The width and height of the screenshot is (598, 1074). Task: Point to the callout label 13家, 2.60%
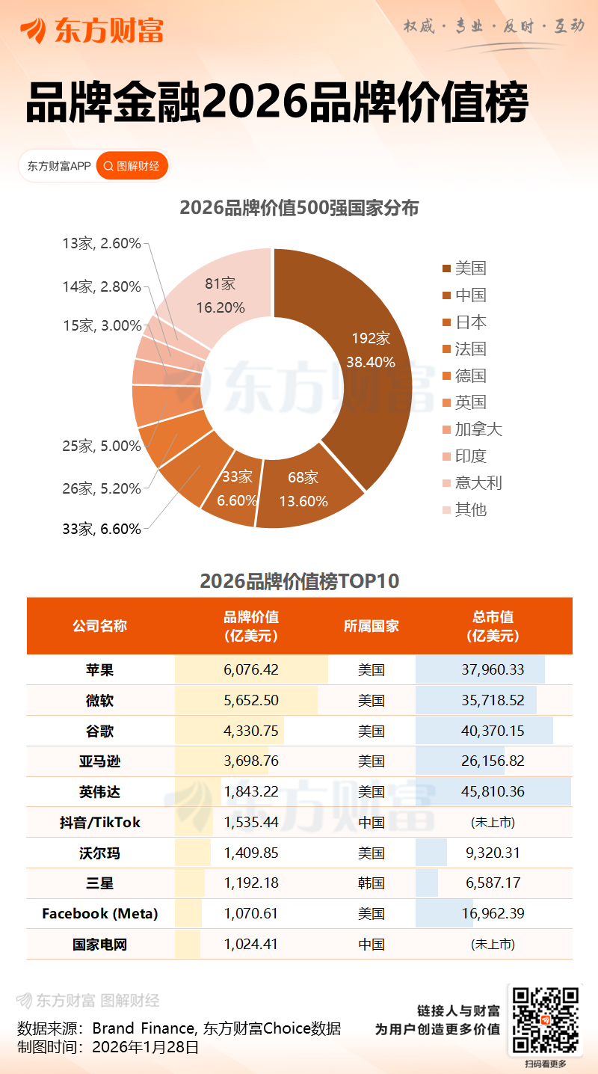102,243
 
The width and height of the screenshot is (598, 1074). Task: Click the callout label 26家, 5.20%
102,488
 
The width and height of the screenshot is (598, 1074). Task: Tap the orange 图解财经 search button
132,166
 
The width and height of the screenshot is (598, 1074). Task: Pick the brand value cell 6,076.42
251,669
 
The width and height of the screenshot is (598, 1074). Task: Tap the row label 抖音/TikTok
100,822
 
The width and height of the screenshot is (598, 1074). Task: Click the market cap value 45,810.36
493,791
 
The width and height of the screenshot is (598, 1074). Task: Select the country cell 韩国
372,883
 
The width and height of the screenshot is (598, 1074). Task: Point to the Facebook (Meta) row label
100,913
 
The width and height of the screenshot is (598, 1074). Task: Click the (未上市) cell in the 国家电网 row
493,944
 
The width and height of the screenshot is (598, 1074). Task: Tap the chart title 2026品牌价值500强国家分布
299,209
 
